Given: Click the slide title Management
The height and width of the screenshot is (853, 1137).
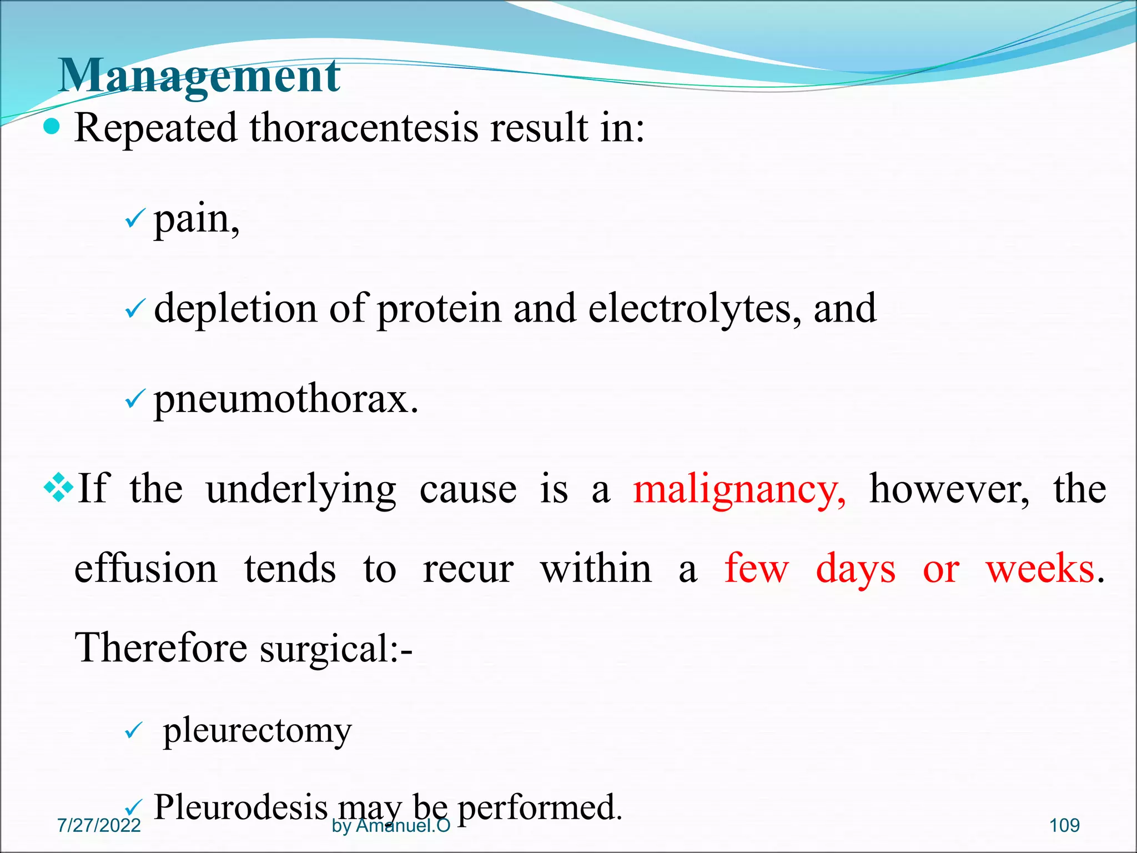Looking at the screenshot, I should (x=199, y=76).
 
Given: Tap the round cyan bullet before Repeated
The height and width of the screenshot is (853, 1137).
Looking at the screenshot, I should (x=52, y=127).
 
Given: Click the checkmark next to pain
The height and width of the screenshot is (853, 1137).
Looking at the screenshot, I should (x=135, y=219).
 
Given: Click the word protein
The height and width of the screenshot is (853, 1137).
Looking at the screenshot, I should (x=439, y=309).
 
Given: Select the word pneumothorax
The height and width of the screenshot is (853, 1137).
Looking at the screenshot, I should (x=285, y=399).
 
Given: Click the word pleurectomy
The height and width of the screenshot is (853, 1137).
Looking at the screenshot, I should (x=257, y=731).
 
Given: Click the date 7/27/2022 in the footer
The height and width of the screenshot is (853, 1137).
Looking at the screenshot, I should (x=99, y=826).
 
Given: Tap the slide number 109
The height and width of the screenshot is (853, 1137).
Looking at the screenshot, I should (x=1064, y=826).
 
